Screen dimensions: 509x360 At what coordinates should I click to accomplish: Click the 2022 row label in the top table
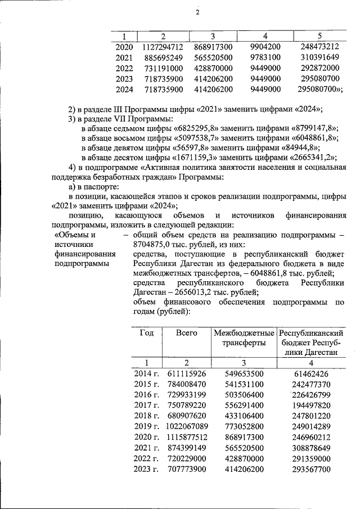[124, 69]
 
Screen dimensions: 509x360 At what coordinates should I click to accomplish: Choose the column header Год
[146, 333]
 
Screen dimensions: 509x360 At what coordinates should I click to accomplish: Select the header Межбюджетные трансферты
[244, 338]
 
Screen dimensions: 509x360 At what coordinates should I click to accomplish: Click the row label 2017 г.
[146, 405]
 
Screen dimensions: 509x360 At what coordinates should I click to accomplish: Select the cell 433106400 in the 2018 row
[244, 416]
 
